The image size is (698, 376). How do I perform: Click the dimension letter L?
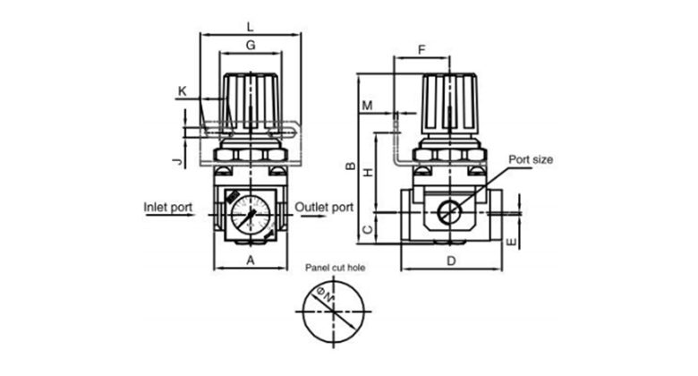(x=251, y=27)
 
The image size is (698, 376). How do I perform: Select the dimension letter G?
(x=251, y=45)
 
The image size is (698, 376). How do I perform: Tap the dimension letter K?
(x=182, y=91)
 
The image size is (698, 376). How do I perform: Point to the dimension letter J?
(x=177, y=161)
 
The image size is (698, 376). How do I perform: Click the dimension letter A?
(x=251, y=261)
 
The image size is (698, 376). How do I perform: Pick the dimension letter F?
(x=421, y=49)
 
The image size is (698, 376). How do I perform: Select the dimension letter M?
(x=367, y=106)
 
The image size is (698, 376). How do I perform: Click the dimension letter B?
(x=351, y=167)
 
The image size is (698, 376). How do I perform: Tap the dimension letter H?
(x=368, y=172)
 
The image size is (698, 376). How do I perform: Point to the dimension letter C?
(x=368, y=230)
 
